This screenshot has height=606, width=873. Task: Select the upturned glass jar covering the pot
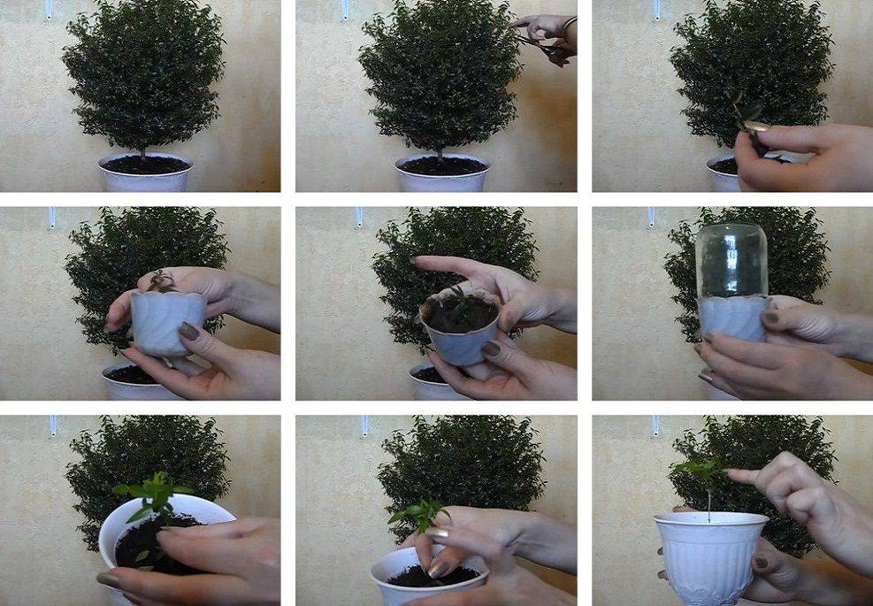(731, 261)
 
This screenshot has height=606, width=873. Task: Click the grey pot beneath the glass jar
(731, 319)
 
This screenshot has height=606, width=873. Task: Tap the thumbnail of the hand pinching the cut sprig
(759, 126)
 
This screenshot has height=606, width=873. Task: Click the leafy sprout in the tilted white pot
(154, 496)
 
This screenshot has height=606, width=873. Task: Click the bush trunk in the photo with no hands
(143, 150)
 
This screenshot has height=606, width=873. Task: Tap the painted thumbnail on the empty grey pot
(189, 331)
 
